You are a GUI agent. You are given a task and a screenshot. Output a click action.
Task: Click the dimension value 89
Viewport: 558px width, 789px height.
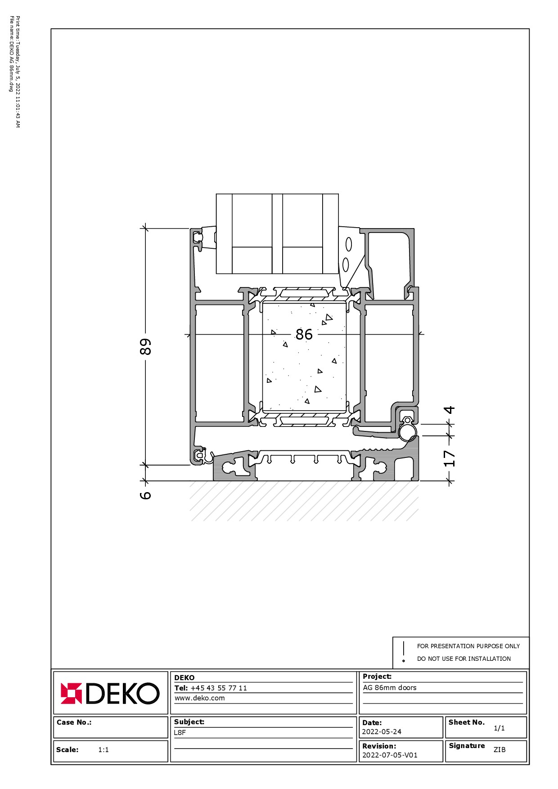pos(145,346)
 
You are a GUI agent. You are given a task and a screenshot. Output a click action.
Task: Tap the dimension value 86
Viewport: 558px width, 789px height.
pos(304,334)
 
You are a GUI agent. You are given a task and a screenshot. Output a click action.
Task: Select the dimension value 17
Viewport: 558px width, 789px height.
pos(450,458)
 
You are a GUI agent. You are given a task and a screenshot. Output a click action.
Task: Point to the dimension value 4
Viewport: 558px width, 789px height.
pos(450,410)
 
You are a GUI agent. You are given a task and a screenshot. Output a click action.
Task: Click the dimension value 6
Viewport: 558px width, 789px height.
pos(145,495)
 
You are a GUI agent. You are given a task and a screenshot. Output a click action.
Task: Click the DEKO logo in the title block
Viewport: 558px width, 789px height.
pos(110,693)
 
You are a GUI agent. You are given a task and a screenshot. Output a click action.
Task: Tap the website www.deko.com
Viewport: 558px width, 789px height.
pos(199,698)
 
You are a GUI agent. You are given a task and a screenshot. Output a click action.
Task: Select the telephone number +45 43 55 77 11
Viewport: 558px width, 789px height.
pos(219,688)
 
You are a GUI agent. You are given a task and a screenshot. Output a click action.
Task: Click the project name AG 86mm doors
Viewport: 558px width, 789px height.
pos(390,687)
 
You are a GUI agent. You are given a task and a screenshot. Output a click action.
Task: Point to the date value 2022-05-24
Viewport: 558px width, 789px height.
pos(382,732)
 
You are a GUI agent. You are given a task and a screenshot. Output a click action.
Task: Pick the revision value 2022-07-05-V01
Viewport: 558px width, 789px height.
pos(390,755)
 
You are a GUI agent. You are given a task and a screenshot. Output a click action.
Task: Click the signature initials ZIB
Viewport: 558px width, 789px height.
pos(499,749)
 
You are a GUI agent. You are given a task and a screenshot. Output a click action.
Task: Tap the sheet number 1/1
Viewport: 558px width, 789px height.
pos(499,728)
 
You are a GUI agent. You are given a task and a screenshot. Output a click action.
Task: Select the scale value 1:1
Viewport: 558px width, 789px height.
pos(103,749)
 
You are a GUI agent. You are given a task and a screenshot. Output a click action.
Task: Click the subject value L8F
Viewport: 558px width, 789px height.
pos(180,732)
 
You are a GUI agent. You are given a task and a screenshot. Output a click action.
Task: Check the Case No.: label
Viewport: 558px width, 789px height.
pos(74,722)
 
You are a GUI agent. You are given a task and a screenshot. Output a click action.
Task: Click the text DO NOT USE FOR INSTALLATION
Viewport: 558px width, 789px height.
pos(464,659)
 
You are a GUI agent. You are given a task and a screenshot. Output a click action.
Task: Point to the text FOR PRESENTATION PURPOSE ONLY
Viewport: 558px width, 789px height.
pos(468,646)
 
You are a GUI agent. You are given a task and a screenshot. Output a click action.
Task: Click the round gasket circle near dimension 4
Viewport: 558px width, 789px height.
pos(408,433)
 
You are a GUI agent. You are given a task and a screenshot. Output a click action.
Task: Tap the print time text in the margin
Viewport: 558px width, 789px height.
pos(18,72)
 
